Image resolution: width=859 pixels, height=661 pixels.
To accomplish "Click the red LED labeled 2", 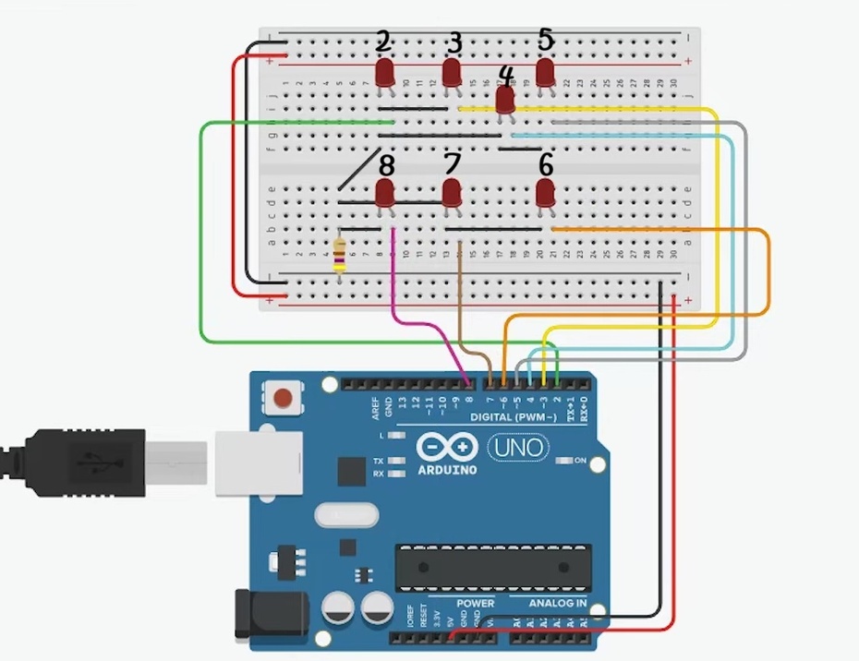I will click(385, 72).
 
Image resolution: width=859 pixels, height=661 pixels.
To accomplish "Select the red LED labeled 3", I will click(452, 72).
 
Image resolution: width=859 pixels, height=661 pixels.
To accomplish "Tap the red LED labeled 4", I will click(505, 98).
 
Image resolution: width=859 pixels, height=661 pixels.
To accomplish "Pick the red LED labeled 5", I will click(545, 71).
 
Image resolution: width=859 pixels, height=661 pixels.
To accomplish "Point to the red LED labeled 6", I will click(545, 193).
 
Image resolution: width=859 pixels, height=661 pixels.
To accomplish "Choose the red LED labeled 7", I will click(452, 193).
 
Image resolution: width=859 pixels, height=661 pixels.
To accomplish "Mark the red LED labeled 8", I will click(385, 193).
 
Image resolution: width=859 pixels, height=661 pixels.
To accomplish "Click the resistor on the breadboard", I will click(340, 255).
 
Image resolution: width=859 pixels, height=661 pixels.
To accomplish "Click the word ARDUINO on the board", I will click(447, 470).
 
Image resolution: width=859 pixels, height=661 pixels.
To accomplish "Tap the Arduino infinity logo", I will click(447, 448).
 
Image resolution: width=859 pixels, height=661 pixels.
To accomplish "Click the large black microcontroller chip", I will click(492, 568).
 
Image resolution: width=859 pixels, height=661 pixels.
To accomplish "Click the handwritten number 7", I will click(452, 164).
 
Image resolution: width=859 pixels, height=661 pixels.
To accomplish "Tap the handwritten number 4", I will click(505, 74).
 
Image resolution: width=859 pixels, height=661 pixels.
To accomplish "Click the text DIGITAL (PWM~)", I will click(514, 417).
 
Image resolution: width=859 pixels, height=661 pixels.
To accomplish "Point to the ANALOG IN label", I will click(557, 604).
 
